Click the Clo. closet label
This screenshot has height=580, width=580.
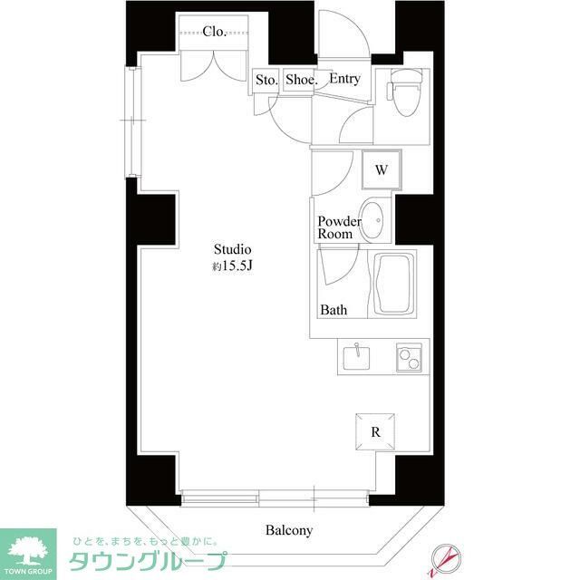pyautogui.click(x=215, y=32)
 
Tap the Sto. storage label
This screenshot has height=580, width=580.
pyautogui.click(x=266, y=80)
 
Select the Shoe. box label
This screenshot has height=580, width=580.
pyautogui.click(x=301, y=80)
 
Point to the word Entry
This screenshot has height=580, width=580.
pyautogui.click(x=344, y=79)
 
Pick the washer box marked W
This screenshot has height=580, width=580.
pyautogui.click(x=382, y=169)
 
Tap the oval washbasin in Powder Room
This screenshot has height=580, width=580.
pyautogui.click(x=372, y=218)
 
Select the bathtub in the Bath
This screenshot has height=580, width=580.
pyautogui.click(x=395, y=285)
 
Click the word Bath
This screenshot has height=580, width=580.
pyautogui.click(x=333, y=310)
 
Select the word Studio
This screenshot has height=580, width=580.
pyautogui.click(x=232, y=249)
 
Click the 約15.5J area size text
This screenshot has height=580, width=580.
pyautogui.click(x=231, y=266)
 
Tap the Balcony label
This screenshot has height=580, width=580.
pyautogui.click(x=289, y=530)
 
